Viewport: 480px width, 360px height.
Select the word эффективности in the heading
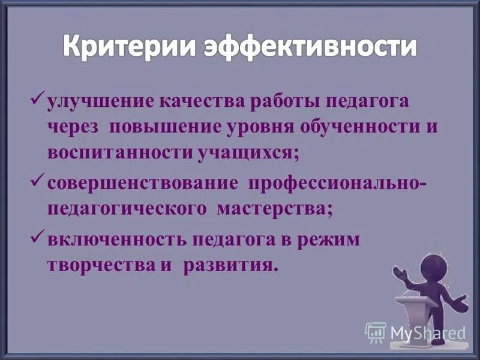311,46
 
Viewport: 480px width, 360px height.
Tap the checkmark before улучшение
37,97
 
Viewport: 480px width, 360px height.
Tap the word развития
231,265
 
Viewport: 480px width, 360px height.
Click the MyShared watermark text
427,332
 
